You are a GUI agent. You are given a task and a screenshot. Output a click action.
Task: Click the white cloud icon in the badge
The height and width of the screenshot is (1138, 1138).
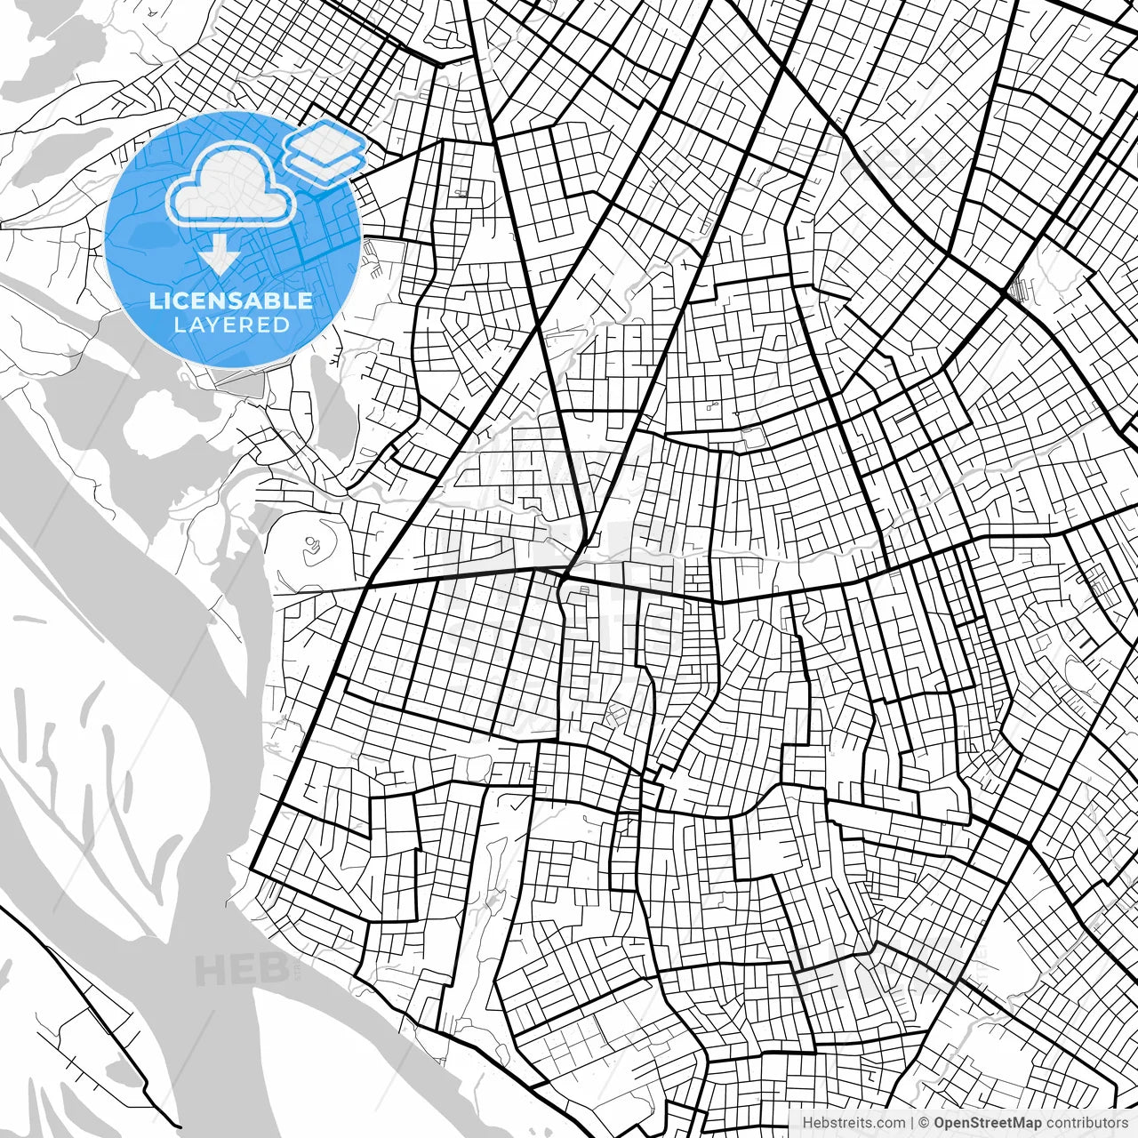(x=231, y=185)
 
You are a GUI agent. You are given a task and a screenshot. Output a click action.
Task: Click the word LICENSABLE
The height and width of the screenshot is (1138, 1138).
(x=231, y=301)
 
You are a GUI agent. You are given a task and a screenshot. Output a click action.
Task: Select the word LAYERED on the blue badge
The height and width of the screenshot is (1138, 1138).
(x=231, y=325)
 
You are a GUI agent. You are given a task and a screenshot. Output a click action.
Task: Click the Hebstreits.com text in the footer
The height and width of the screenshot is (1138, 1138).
(x=853, y=1123)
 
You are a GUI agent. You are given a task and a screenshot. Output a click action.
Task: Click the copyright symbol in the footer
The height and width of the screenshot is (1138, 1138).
(x=925, y=1123)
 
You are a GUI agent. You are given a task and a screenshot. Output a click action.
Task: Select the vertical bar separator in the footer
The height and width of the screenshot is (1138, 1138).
(x=912, y=1123)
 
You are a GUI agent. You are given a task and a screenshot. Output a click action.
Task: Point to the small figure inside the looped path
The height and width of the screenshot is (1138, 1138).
(x=310, y=542)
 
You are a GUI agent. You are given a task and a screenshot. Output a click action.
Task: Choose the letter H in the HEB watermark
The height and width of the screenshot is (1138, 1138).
(x=210, y=970)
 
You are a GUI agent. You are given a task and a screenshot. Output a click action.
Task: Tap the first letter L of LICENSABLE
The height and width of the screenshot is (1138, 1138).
(x=155, y=301)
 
